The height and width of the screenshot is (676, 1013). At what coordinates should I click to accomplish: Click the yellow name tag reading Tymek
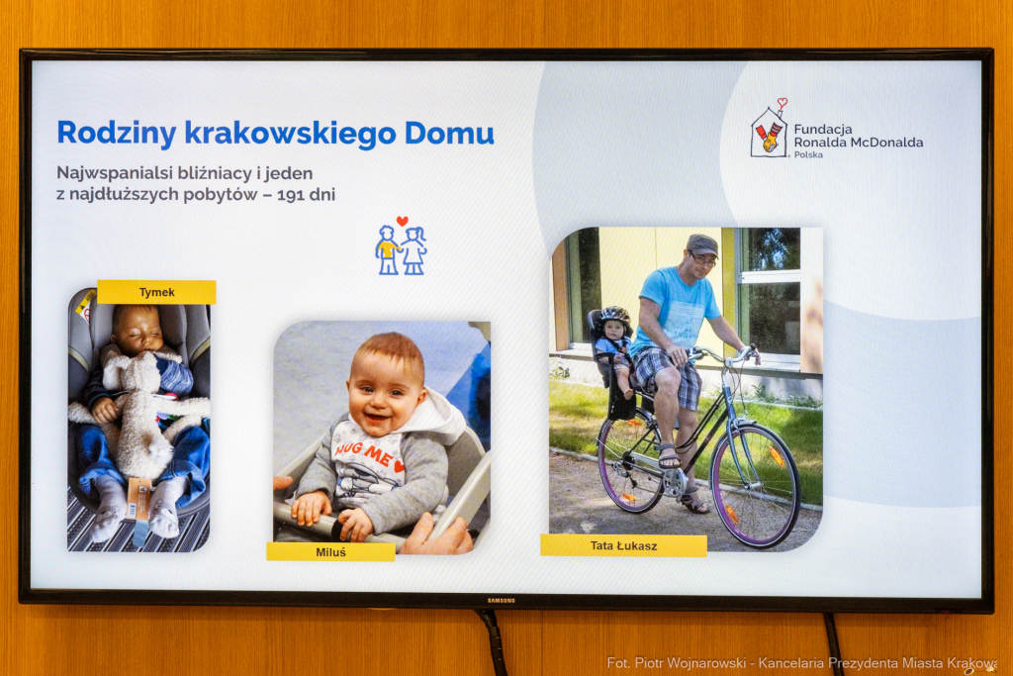coord(156,292)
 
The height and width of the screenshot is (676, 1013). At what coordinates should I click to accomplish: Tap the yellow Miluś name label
coord(330,551)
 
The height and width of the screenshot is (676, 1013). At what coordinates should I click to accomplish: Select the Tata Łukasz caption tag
coord(623,545)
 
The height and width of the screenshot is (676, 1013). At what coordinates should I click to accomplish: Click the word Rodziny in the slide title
coord(117,133)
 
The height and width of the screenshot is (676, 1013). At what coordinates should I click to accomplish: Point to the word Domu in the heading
coord(455,133)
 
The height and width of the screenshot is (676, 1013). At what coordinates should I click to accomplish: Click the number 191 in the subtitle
coord(291,194)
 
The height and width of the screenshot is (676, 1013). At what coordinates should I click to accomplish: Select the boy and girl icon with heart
coord(401,245)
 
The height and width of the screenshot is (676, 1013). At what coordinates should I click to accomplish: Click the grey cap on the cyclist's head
coord(701,244)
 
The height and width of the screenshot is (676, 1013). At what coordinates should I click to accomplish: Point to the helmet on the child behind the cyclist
coord(614,316)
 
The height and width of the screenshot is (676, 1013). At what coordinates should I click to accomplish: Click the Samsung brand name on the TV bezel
coord(501,600)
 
